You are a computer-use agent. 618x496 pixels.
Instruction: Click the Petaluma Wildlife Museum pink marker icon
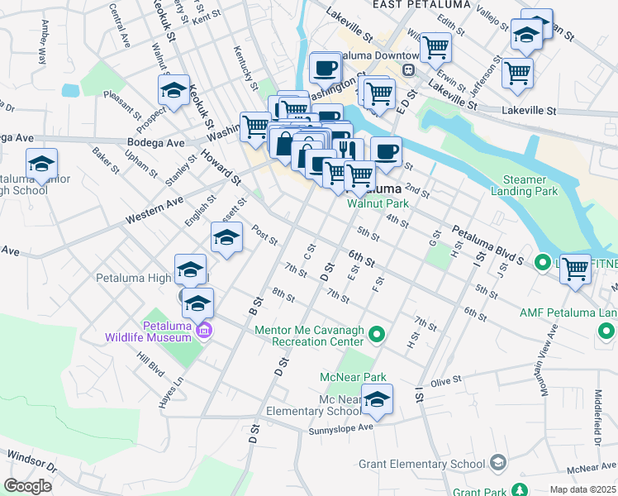[205, 332]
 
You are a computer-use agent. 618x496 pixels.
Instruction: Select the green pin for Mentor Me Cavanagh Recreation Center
[377, 335]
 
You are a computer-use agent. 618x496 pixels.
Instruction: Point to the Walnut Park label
[378, 203]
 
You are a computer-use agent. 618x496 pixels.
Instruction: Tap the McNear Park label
[353, 377]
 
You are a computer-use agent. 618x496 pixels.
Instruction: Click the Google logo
[27, 486]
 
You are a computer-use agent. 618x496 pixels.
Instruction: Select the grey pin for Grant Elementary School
[497, 461]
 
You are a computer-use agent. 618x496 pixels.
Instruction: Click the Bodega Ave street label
[155, 142]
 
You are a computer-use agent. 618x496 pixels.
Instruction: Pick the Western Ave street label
[154, 212]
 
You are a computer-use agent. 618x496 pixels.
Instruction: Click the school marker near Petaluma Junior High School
[41, 163]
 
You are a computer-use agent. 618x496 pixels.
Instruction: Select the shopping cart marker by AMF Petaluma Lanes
[575, 268]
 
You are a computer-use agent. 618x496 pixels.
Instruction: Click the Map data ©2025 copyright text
[582, 489]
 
